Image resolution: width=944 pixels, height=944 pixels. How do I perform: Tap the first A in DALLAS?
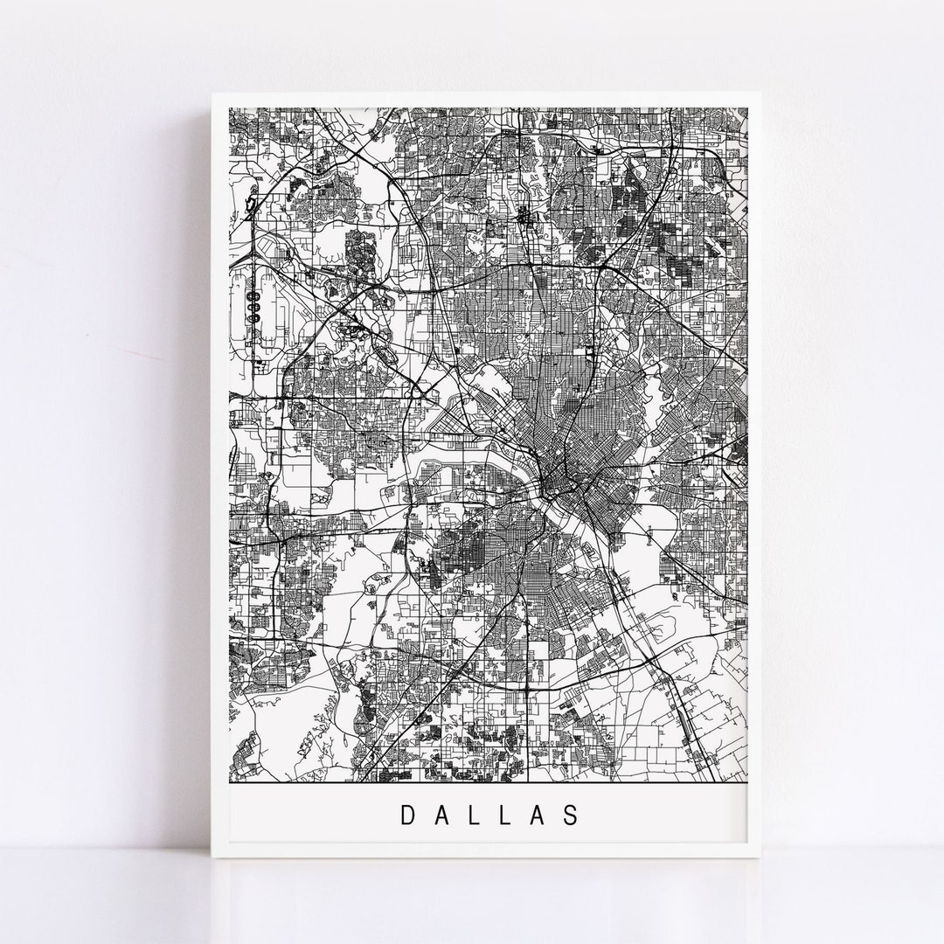[x=442, y=815]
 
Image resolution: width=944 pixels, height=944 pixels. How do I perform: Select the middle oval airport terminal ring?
[x=254, y=308]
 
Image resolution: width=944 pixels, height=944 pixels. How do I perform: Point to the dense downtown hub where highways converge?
[x=554, y=479]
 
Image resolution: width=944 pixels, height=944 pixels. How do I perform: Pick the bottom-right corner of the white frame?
[x=763, y=860]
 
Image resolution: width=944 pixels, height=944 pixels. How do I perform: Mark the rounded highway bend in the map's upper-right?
[x=712, y=157]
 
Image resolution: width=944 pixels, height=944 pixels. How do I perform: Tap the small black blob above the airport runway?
[x=251, y=208]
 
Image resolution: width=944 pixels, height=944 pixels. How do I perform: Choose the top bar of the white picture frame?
[x=488, y=99]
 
